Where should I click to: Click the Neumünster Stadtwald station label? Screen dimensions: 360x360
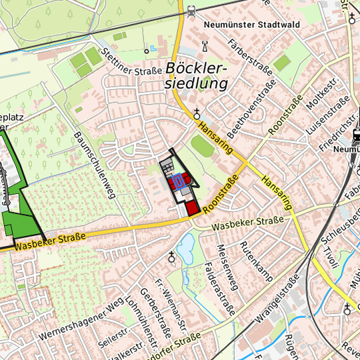(253, 25)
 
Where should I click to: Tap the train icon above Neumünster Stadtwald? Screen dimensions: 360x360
(192, 10)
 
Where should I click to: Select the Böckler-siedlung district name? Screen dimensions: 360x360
(197, 76)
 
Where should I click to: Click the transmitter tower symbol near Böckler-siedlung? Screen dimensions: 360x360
(204, 47)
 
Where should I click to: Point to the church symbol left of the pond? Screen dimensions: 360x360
(171, 255)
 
